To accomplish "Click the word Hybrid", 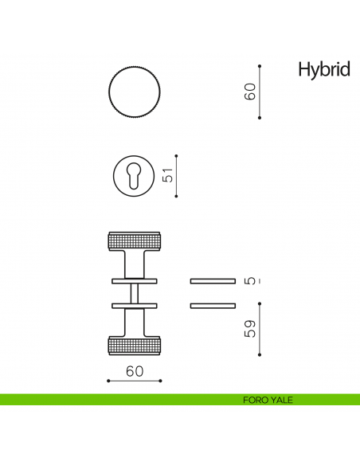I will pos(323,70).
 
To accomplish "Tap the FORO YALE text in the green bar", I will pos(268,400).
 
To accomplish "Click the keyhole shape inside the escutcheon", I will pos(134,175).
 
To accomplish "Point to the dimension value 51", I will pos(168,176).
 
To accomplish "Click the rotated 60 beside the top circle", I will pos(250,92).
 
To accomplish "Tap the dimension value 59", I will pos(250,328).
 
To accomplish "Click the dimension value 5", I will pos(250,280).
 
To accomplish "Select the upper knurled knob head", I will pos(134,241).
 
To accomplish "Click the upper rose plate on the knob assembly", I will pos(134,281).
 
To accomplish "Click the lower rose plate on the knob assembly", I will pos(134,305).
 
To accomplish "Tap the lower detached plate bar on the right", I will pos(213,305).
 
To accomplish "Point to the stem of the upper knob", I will pos(134,264).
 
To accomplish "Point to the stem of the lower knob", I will pos(134,322).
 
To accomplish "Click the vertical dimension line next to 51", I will pos(176,176).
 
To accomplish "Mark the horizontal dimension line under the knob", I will pos(134,381).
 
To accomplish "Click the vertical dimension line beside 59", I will pos(260,330).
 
